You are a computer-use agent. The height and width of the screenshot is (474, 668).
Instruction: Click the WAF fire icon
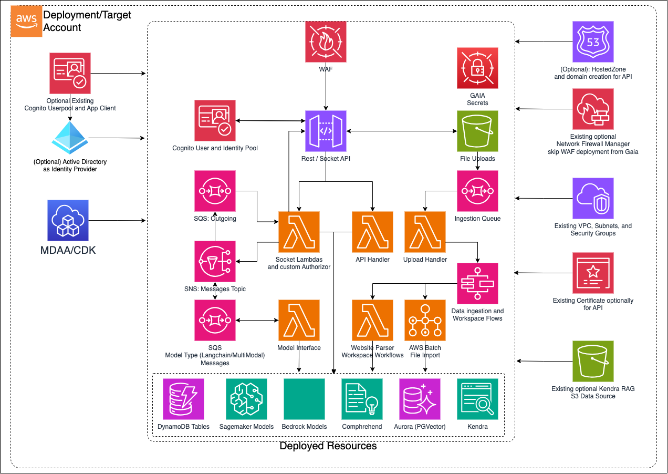coord(326,42)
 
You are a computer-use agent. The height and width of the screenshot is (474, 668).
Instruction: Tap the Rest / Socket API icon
coord(326,131)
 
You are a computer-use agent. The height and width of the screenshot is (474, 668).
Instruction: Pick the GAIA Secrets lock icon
coord(477,68)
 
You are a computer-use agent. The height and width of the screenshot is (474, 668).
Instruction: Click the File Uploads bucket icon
coord(477,131)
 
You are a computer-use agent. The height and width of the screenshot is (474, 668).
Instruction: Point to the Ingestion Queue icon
coord(477,191)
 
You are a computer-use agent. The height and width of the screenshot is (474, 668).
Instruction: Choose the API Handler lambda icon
coord(372,232)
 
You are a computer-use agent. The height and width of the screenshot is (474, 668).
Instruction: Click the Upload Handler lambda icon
coord(425,232)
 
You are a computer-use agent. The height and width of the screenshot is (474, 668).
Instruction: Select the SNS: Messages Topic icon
coord(215,261)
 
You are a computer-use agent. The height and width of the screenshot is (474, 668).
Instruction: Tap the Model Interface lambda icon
coord(299,320)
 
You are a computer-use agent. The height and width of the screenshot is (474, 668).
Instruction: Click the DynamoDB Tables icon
coord(183,399)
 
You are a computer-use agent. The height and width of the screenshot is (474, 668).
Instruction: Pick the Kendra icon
coord(477,399)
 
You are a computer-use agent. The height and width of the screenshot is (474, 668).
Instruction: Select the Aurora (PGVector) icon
coord(420,399)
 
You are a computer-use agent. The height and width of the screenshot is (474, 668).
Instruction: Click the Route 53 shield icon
coord(593,42)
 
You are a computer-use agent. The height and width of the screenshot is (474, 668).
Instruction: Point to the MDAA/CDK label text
coord(68,250)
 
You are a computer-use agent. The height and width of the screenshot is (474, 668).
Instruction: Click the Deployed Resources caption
coord(328,446)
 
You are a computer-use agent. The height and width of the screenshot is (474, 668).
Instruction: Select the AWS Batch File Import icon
coord(425,320)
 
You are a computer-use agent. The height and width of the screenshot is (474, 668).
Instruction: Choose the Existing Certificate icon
coord(593,273)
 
